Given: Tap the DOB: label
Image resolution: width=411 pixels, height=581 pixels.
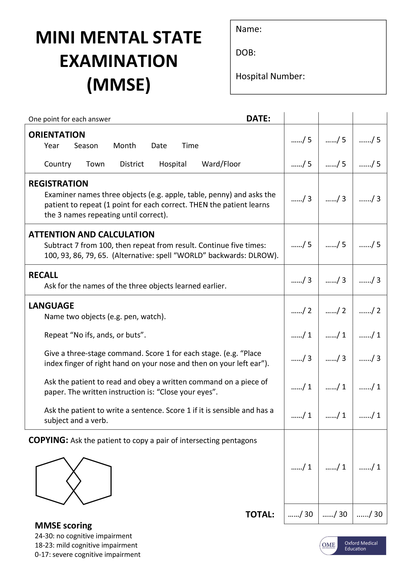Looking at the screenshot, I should point(245,53).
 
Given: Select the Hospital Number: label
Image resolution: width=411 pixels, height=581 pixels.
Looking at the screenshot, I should point(270,76).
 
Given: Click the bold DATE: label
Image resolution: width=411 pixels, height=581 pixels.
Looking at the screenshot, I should point(258,119).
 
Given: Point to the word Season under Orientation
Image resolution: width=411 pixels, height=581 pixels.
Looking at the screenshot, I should point(86,146).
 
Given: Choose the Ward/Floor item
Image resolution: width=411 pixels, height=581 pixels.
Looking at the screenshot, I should point(221,164).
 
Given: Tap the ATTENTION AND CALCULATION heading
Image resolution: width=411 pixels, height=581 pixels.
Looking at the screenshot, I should point(91,235).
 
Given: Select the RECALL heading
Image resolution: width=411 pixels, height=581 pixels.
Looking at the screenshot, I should point(43,275).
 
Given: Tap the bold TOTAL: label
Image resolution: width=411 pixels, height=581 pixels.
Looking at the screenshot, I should point(260,514).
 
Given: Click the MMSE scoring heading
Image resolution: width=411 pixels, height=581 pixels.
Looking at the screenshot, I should point(63,526).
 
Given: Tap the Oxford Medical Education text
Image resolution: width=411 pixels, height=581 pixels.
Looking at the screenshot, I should point(361,546).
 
